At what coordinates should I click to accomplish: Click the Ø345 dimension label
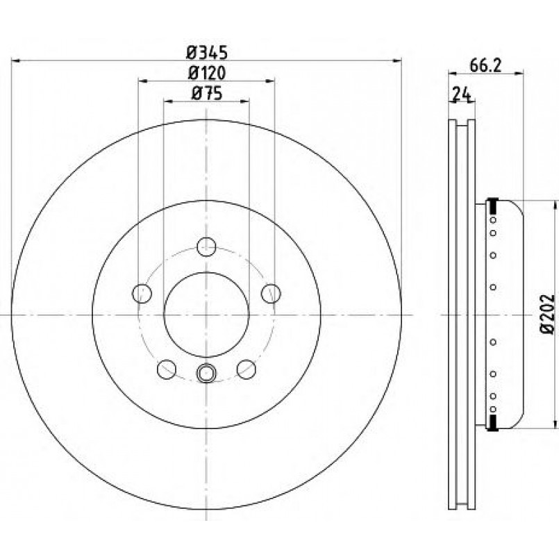click(207, 53)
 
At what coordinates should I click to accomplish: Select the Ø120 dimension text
click(207, 74)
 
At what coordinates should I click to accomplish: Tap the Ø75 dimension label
click(207, 94)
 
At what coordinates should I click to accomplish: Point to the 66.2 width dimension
click(485, 65)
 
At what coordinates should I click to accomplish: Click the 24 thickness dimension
click(462, 94)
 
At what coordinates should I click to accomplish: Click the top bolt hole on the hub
click(206, 247)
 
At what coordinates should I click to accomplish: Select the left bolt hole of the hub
click(142, 294)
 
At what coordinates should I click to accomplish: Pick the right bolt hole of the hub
click(271, 294)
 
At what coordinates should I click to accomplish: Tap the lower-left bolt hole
click(167, 369)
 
